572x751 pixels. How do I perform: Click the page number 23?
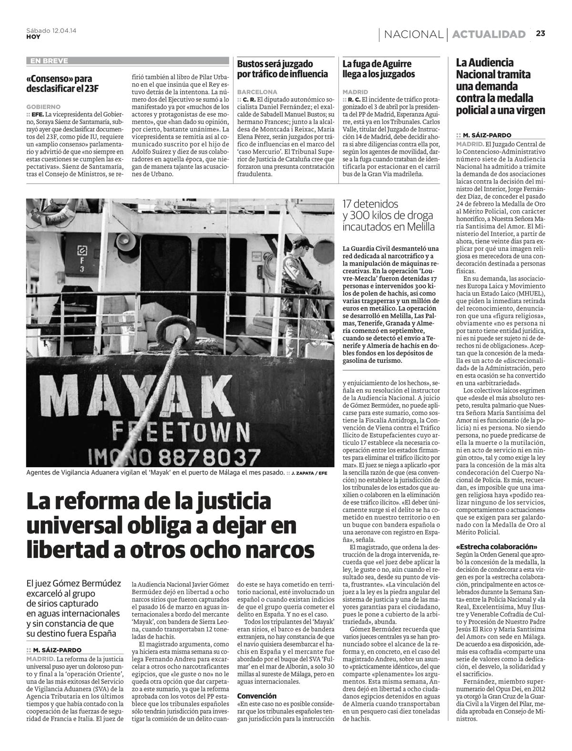click(x=540, y=33)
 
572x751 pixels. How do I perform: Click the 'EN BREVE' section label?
click(x=49, y=61)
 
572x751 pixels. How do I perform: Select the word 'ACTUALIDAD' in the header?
click(x=489, y=34)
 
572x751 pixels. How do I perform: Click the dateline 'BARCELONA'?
click(x=257, y=92)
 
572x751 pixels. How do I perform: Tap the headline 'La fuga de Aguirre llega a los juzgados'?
click(x=378, y=69)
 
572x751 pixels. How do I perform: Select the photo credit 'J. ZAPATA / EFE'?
click(x=309, y=473)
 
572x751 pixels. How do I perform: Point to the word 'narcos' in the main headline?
click(x=266, y=548)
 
